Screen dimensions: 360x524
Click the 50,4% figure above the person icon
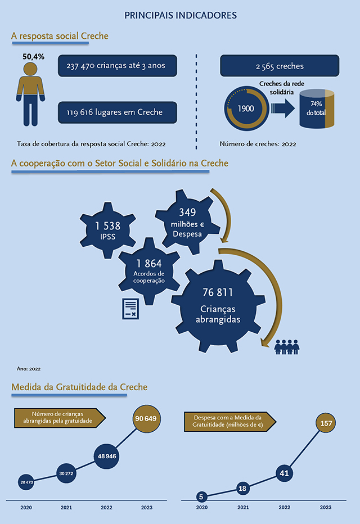tap(33, 56)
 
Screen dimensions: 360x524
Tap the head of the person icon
tap(30, 69)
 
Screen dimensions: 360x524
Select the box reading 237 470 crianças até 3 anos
tap(118, 65)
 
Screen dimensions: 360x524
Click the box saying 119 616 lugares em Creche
tap(118, 112)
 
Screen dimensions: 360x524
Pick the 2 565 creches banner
tap(280, 66)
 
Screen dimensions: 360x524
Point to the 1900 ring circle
tap(246, 109)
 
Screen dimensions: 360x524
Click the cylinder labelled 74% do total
tap(317, 109)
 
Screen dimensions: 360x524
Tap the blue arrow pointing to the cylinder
tap(283, 109)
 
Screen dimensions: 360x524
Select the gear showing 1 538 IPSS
tap(107, 231)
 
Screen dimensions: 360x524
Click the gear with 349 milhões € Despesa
tap(187, 222)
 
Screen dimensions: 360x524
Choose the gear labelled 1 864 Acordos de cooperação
tap(149, 271)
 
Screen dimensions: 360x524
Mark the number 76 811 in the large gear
tap(218, 292)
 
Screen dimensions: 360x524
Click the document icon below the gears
tap(130, 309)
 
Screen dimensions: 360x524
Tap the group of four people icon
tap(287, 347)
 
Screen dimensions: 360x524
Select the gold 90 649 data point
tap(146, 419)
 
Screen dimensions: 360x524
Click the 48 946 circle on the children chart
tap(107, 456)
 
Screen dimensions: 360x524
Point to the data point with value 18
tap(242, 489)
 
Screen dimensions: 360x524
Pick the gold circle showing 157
tap(326, 423)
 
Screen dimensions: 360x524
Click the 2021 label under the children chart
tap(66, 508)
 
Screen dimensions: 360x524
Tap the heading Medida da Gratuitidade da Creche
tap(79, 387)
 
